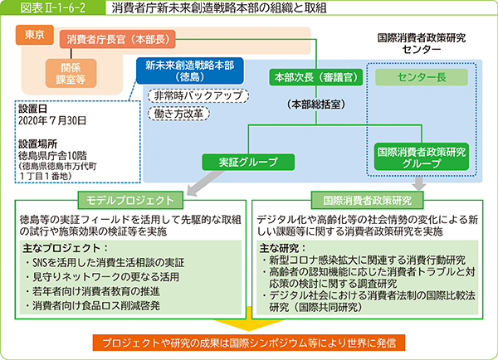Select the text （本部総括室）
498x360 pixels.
pyautogui.click(x=310, y=105)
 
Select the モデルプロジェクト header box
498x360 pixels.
pyautogui.click(x=128, y=200)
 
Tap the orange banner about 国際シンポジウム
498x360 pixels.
pyautogui.click(x=249, y=342)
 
